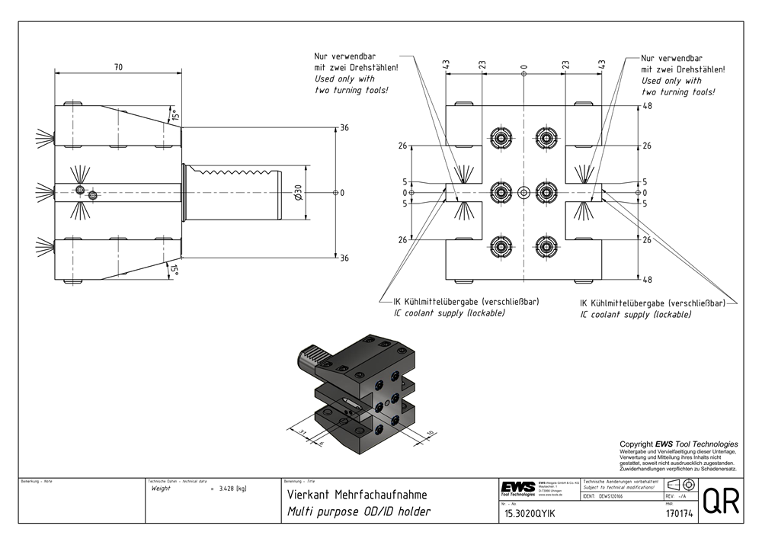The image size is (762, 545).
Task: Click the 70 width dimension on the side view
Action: [118, 68]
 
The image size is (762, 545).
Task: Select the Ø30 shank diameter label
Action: [299, 193]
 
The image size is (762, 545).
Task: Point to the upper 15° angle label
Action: [174, 117]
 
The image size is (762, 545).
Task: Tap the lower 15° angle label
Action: [174, 269]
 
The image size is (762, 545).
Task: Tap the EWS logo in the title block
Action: [517, 488]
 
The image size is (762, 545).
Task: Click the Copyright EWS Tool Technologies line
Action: [678, 444]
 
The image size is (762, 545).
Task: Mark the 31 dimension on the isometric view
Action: [303, 432]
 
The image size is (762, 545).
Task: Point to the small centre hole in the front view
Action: [523, 192]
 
